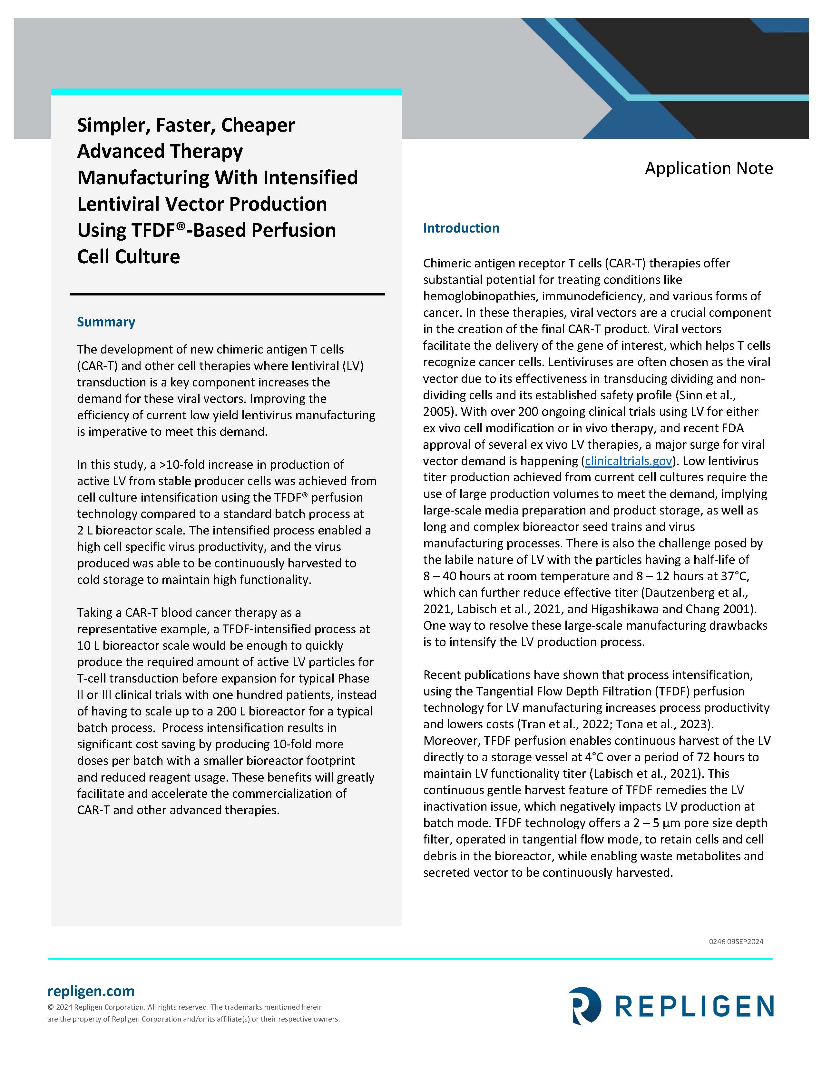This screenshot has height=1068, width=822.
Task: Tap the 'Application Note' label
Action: click(x=709, y=168)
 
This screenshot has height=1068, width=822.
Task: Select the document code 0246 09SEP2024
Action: click(x=736, y=941)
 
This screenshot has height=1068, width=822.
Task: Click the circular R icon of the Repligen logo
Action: click(x=584, y=1005)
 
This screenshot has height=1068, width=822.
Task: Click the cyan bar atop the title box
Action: click(x=226, y=91)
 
